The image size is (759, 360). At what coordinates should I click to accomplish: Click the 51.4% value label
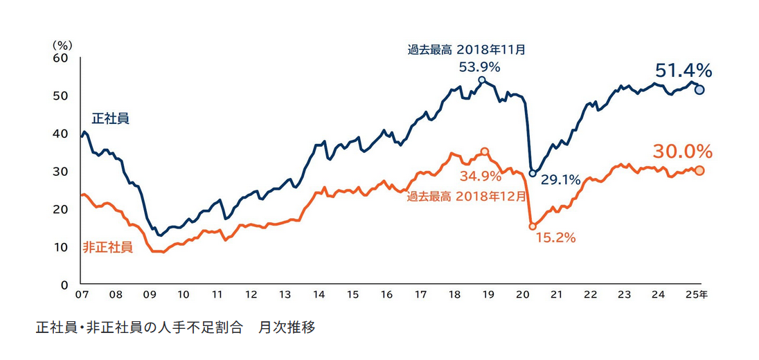pyautogui.click(x=683, y=70)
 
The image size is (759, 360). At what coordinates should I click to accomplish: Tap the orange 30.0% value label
pyautogui.click(x=682, y=151)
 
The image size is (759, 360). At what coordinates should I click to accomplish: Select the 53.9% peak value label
pyautogui.click(x=480, y=67)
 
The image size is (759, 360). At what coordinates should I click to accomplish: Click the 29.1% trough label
pyautogui.click(x=560, y=181)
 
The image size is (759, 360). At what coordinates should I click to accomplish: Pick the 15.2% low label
pyautogui.click(x=555, y=237)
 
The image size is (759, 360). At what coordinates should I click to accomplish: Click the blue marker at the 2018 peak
pyautogui.click(x=482, y=80)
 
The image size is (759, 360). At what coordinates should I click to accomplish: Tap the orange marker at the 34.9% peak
pyautogui.click(x=485, y=152)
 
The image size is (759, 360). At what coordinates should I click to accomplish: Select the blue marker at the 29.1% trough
pyautogui.click(x=533, y=173)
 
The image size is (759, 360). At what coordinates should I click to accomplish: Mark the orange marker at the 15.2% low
pyautogui.click(x=533, y=226)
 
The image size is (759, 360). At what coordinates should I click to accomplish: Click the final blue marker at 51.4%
pyautogui.click(x=699, y=89)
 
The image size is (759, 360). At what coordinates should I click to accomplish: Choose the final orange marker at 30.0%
pyautogui.click(x=699, y=171)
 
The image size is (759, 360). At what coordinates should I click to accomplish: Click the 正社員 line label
pyautogui.click(x=111, y=119)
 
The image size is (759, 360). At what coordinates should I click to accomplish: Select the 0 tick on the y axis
pyautogui.click(x=65, y=285)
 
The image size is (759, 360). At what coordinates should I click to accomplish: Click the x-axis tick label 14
pyautogui.click(x=319, y=295)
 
